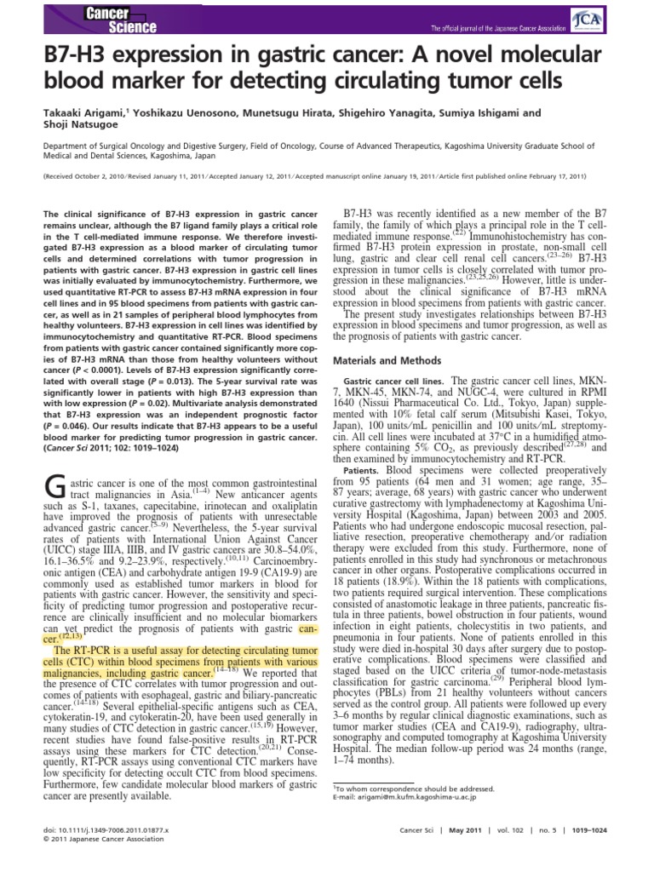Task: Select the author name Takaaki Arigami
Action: point(57,112)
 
